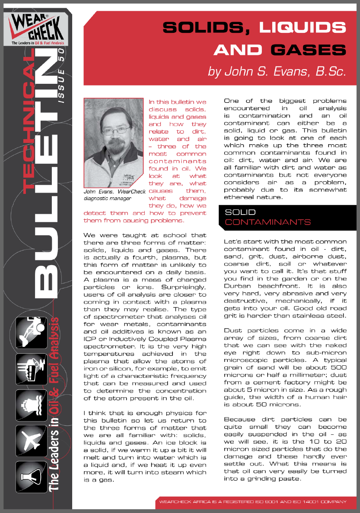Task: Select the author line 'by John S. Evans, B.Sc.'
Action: click(277, 71)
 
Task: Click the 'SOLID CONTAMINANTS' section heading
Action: click(268, 217)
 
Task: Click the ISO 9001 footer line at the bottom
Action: click(253, 502)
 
